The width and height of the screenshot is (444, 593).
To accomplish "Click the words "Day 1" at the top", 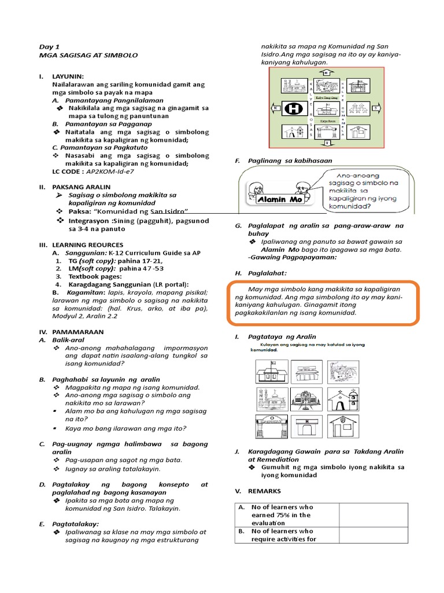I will click(x=49, y=46).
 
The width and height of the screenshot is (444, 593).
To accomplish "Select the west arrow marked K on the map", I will click(x=276, y=108).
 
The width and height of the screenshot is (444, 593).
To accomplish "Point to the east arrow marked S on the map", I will click(x=375, y=108).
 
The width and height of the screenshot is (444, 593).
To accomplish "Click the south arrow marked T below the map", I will click(x=327, y=142).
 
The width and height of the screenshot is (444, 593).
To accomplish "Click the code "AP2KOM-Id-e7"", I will click(x=109, y=172).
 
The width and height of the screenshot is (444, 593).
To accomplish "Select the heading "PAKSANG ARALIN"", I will click(x=78, y=187).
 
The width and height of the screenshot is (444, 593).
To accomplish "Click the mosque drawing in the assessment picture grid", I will click(x=271, y=398).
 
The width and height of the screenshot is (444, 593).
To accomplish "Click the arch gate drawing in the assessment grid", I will click(x=271, y=427).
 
